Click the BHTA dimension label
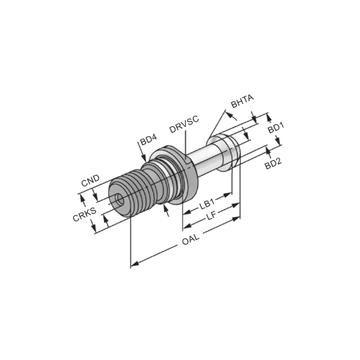pos(242,101)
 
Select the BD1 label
pos(276,128)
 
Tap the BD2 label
pos(273,163)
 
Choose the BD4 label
pos(149,139)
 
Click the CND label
pos(90,181)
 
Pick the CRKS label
pos(84,214)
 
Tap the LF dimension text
pos(211,215)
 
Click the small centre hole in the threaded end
pos(120,199)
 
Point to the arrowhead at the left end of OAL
pos(135,263)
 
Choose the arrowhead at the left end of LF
pos(188,226)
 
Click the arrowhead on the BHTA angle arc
pos(234,117)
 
